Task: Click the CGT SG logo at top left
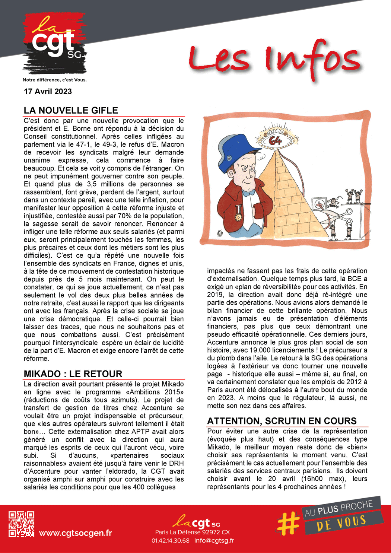click(54, 44)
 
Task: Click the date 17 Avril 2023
click(48, 92)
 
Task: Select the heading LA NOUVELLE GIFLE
click(71, 111)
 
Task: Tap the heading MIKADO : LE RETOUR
click(73, 374)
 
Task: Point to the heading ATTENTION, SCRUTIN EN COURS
click(282, 421)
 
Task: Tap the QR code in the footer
click(22, 524)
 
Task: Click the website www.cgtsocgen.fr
click(75, 533)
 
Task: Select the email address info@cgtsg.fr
click(214, 540)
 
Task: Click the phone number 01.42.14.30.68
click(170, 540)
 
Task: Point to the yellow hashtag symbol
click(289, 522)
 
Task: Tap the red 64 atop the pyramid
click(276, 140)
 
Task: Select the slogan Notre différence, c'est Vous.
click(54, 80)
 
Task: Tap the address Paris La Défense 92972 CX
click(193, 532)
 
